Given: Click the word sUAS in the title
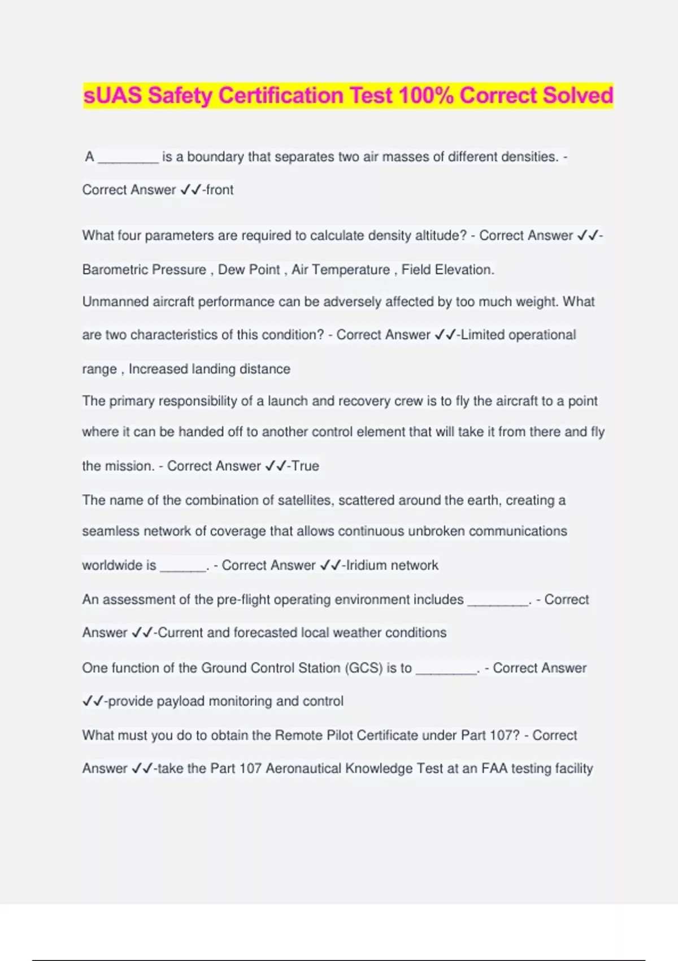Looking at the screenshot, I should pos(112,95).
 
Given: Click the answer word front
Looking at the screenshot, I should pos(220,190).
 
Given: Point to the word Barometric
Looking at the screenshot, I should pos(116,270).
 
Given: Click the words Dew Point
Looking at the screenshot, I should pos(249,270).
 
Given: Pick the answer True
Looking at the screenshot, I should pos(305,466).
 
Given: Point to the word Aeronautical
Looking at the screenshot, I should pos(303,769).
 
